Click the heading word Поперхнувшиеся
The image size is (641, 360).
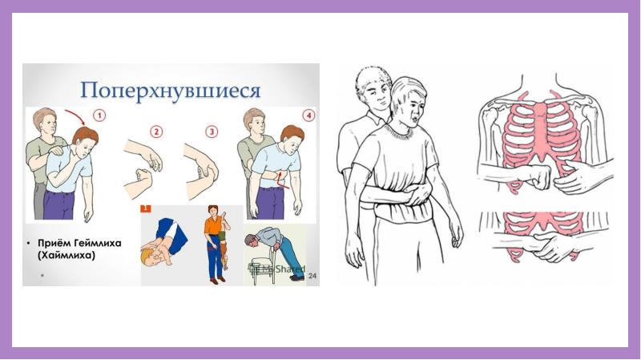[171, 91]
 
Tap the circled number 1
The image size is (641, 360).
[99, 115]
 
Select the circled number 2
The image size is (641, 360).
[156, 131]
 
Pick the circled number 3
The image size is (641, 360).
[212, 131]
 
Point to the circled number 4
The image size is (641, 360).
[308, 115]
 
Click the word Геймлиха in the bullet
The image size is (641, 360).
[97, 243]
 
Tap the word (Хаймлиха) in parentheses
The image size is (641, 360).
[67, 255]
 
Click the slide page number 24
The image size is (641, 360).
[312, 276]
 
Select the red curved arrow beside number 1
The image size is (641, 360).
[76, 115]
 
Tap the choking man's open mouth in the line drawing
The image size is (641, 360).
[415, 119]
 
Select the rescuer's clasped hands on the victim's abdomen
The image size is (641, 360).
[417, 193]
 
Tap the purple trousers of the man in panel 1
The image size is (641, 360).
[59, 204]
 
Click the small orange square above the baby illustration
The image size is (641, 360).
[146, 208]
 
